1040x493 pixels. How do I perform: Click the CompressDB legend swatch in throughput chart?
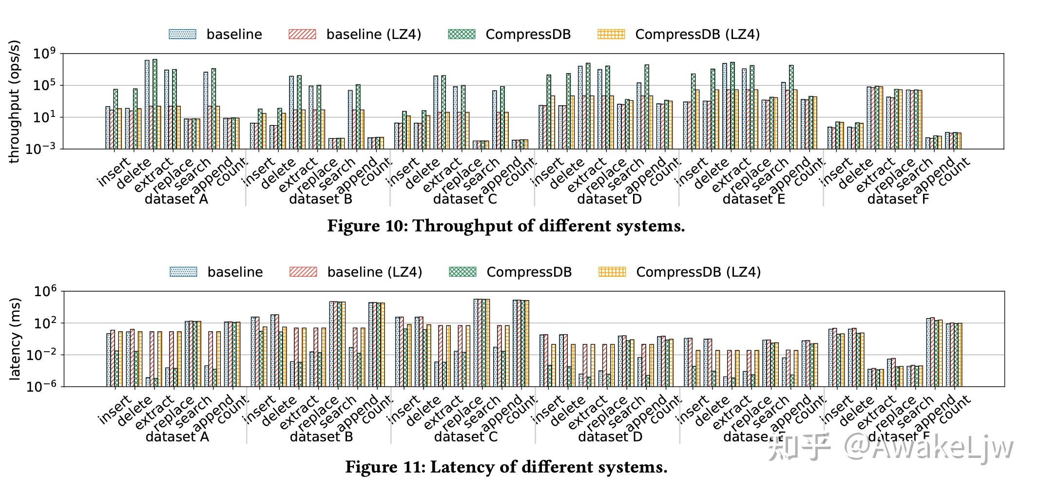[461, 34]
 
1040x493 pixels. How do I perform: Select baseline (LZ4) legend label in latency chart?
[374, 272]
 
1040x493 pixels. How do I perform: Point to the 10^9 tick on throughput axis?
[44, 54]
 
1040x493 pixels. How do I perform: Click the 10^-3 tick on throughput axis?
[41, 149]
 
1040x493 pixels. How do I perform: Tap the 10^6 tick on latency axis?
[45, 291]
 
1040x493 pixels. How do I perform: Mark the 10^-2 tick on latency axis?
[41, 355]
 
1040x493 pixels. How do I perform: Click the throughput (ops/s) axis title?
[14, 101]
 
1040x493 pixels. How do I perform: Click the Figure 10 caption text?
[506, 226]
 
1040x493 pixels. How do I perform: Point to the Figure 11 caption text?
[506, 467]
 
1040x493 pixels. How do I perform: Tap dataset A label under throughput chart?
[176, 199]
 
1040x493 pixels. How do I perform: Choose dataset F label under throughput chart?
[898, 199]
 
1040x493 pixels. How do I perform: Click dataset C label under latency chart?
[465, 437]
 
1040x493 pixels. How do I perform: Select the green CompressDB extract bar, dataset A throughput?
[155, 104]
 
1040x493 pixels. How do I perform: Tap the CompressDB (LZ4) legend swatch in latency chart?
[612, 272]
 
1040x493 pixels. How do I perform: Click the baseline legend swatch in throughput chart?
[182, 34]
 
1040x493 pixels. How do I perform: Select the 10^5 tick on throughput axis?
[44, 86]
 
